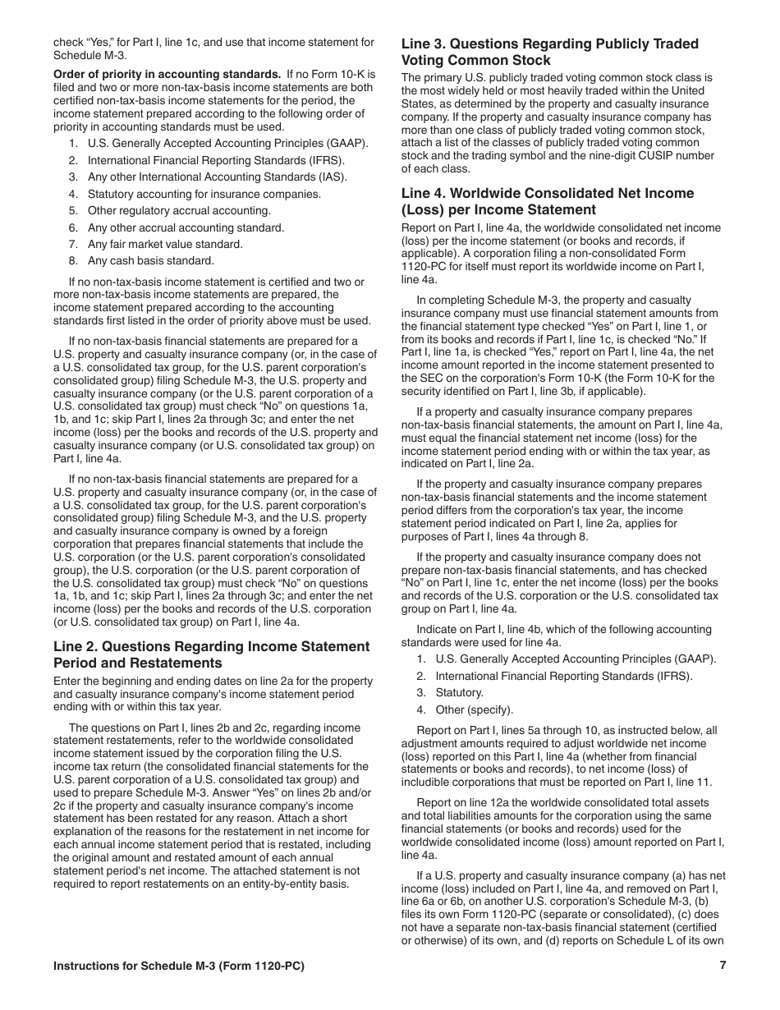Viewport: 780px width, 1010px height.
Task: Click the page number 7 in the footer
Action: (x=723, y=966)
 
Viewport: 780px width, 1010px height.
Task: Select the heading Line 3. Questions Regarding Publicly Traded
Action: (x=549, y=44)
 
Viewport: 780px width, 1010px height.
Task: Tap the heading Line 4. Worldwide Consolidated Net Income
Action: (x=547, y=193)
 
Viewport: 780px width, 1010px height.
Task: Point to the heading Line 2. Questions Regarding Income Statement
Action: (x=211, y=646)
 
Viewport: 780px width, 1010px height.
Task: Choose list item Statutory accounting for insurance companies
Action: (x=204, y=194)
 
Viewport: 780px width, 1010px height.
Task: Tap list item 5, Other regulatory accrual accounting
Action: (x=179, y=210)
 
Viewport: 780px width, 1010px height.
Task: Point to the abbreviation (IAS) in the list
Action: (x=333, y=177)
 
